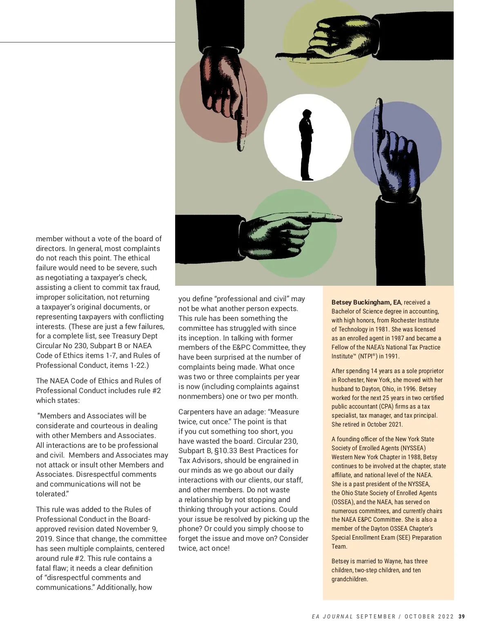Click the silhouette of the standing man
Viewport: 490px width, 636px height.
pos(306,145)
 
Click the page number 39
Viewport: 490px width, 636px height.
pos(461,616)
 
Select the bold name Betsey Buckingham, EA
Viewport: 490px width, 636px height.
pos(366,302)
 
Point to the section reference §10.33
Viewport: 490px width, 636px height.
pos(229,451)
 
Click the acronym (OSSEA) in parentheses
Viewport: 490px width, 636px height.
pos(343,502)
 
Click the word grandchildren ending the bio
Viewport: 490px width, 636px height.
pos(349,579)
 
